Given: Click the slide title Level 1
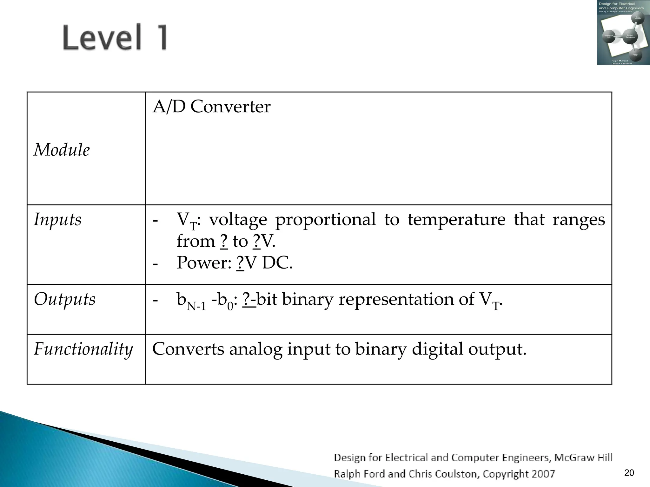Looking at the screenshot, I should [x=115, y=37].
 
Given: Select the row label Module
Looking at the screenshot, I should [x=62, y=150].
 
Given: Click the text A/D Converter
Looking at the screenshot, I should [x=211, y=107].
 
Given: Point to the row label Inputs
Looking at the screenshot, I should [x=58, y=219].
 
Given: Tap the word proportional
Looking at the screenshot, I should [x=325, y=219].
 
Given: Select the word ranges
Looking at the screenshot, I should [x=579, y=219].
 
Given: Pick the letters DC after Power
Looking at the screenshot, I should [x=277, y=263].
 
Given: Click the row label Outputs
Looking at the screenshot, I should [x=65, y=299].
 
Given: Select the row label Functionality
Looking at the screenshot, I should [x=83, y=349].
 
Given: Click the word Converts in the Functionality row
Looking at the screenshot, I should [x=188, y=349].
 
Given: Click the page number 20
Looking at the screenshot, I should [x=629, y=473].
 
